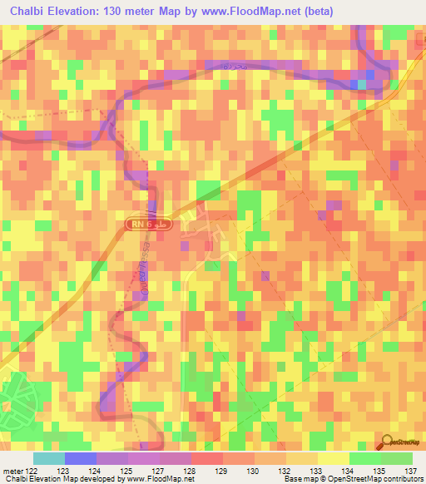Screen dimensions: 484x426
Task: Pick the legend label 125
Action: point(128,470)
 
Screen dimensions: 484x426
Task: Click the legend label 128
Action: point(191,470)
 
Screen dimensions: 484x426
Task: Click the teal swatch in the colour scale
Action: point(48,458)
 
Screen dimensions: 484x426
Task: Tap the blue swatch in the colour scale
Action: point(80,458)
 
